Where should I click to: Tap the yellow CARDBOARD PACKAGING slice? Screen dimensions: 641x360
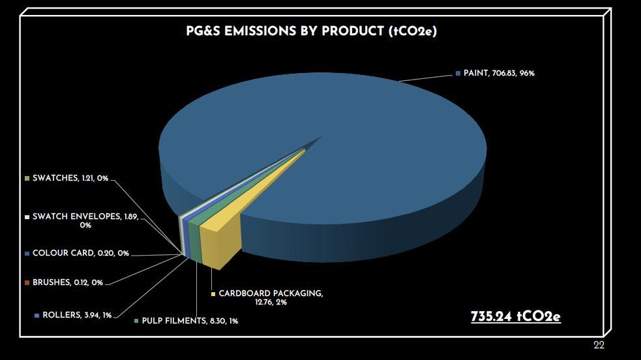(x=229, y=229)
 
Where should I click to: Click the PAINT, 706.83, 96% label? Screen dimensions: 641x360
(x=499, y=73)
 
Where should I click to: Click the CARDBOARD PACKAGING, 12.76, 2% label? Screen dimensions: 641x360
(x=271, y=298)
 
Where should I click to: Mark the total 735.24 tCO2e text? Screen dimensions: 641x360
(x=516, y=317)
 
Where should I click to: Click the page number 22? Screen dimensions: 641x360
(x=599, y=345)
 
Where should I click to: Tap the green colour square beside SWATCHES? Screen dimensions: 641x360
(x=27, y=179)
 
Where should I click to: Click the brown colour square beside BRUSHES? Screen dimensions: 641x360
(x=27, y=283)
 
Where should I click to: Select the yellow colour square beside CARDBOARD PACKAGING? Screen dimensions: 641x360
(x=213, y=293)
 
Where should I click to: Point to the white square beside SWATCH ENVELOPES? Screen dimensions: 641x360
(x=27, y=217)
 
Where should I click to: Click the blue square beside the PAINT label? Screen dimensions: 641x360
(x=458, y=74)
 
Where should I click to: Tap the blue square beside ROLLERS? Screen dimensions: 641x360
(x=37, y=316)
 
